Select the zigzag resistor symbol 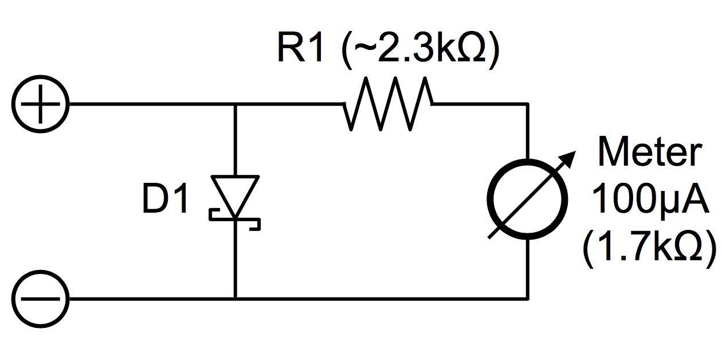coord(389,104)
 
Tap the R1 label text coord(300,47)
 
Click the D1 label coord(165,198)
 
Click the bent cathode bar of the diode coord(235,220)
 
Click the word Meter coord(650,151)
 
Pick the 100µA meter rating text coord(650,199)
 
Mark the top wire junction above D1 coord(236,104)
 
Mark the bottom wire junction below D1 coord(236,299)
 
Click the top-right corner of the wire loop coord(528,104)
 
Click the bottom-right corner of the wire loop coord(528,299)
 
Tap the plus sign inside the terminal coord(40,104)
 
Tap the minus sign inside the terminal coord(40,299)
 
